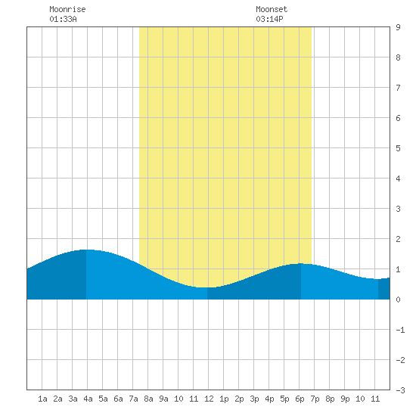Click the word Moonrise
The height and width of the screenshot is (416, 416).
(67, 9)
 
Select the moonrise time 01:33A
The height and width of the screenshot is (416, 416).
(63, 19)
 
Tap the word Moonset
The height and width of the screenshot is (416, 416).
(272, 9)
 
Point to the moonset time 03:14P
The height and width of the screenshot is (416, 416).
(269, 19)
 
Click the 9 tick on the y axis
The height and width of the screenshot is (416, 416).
(398, 27)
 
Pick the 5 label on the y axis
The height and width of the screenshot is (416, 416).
(398, 148)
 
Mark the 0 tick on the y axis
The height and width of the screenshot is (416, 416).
(398, 300)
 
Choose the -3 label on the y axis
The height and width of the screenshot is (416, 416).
(400, 390)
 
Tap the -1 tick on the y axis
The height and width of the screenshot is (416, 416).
(400, 330)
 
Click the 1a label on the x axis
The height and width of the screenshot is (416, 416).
(42, 399)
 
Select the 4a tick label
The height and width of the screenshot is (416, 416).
(88, 399)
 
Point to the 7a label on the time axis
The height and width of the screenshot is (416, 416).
(133, 399)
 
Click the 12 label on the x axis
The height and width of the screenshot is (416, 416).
(209, 399)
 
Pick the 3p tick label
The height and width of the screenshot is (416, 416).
(254, 399)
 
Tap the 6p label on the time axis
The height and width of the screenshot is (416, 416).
(300, 399)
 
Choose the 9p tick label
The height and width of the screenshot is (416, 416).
(345, 399)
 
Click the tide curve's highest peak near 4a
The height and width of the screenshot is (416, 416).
(86, 250)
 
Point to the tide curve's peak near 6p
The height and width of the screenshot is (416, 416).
(300, 263)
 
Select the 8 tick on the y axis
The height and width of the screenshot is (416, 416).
(398, 57)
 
